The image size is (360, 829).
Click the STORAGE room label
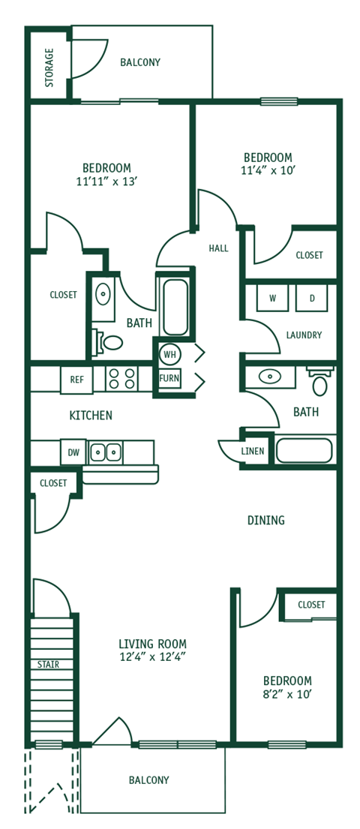[x=49, y=68]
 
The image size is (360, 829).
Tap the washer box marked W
[x=272, y=298]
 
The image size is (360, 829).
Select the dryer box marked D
[x=311, y=298]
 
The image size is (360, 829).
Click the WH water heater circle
[x=169, y=353]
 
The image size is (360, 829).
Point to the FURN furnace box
[x=169, y=378]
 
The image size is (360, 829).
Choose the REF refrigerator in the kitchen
[x=76, y=380]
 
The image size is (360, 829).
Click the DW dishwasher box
[x=73, y=452]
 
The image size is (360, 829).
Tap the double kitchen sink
[x=106, y=452]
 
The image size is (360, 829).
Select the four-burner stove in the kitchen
[x=121, y=378]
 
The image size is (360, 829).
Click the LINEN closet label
[x=252, y=451]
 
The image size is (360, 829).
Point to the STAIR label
[x=49, y=664]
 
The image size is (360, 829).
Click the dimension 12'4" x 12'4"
[x=152, y=657]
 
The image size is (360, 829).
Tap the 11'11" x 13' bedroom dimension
[x=106, y=182]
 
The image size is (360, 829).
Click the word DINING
[x=266, y=520]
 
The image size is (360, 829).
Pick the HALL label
[x=218, y=248]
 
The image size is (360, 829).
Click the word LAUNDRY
[x=304, y=335]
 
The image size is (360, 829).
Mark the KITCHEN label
[x=91, y=415]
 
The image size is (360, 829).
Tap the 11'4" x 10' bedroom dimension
[x=268, y=170]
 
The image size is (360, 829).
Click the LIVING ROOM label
[x=152, y=644]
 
